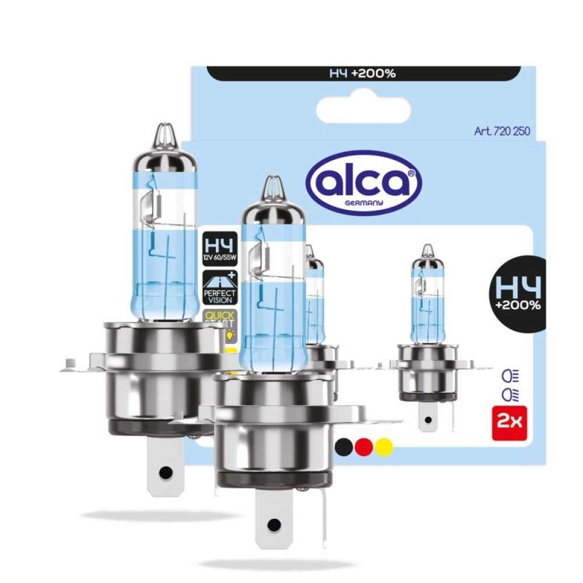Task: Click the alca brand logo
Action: [364, 181]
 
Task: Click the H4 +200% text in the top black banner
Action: [364, 73]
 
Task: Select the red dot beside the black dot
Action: [364, 446]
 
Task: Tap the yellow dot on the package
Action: [383, 446]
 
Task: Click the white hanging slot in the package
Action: [363, 110]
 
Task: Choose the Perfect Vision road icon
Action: [218, 286]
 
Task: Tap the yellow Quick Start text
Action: [218, 319]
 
